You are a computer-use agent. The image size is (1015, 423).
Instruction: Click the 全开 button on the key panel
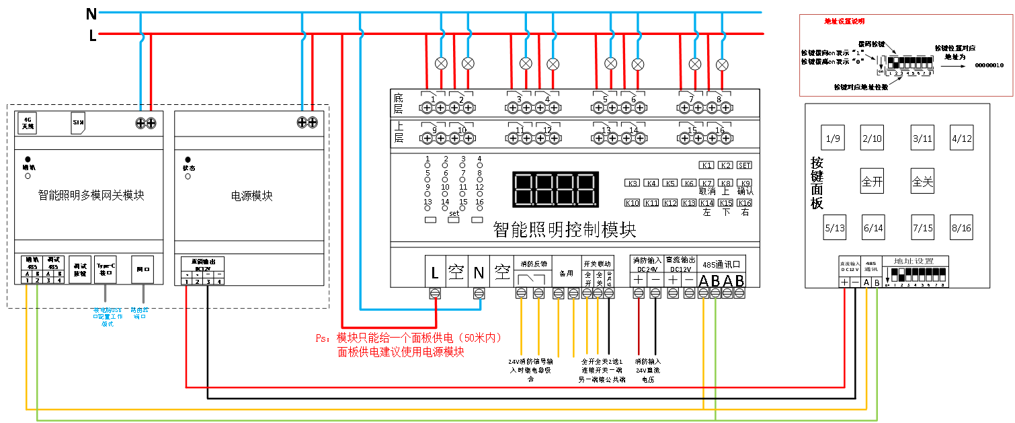872,182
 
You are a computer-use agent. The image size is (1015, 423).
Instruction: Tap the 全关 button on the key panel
922,182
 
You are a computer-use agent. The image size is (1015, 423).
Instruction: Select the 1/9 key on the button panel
834,139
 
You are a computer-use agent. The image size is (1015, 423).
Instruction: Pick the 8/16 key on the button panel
962,228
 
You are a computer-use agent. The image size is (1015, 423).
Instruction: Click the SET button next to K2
744,165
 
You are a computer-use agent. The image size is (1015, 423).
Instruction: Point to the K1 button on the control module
706,165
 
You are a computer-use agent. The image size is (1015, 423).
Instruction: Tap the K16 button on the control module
744,203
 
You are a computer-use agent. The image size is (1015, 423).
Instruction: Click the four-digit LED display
555,189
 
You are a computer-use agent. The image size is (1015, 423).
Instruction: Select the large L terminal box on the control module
435,272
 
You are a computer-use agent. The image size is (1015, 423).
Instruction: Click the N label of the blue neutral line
91,13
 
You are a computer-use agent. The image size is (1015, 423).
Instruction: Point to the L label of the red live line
93,36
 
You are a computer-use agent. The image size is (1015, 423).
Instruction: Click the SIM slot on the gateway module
77,123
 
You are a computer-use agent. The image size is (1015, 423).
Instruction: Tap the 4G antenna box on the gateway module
28,122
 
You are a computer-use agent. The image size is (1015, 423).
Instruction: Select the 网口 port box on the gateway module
144,268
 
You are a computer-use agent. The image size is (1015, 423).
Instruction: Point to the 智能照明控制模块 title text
564,231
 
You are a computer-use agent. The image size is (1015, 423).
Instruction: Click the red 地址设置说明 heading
844,22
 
